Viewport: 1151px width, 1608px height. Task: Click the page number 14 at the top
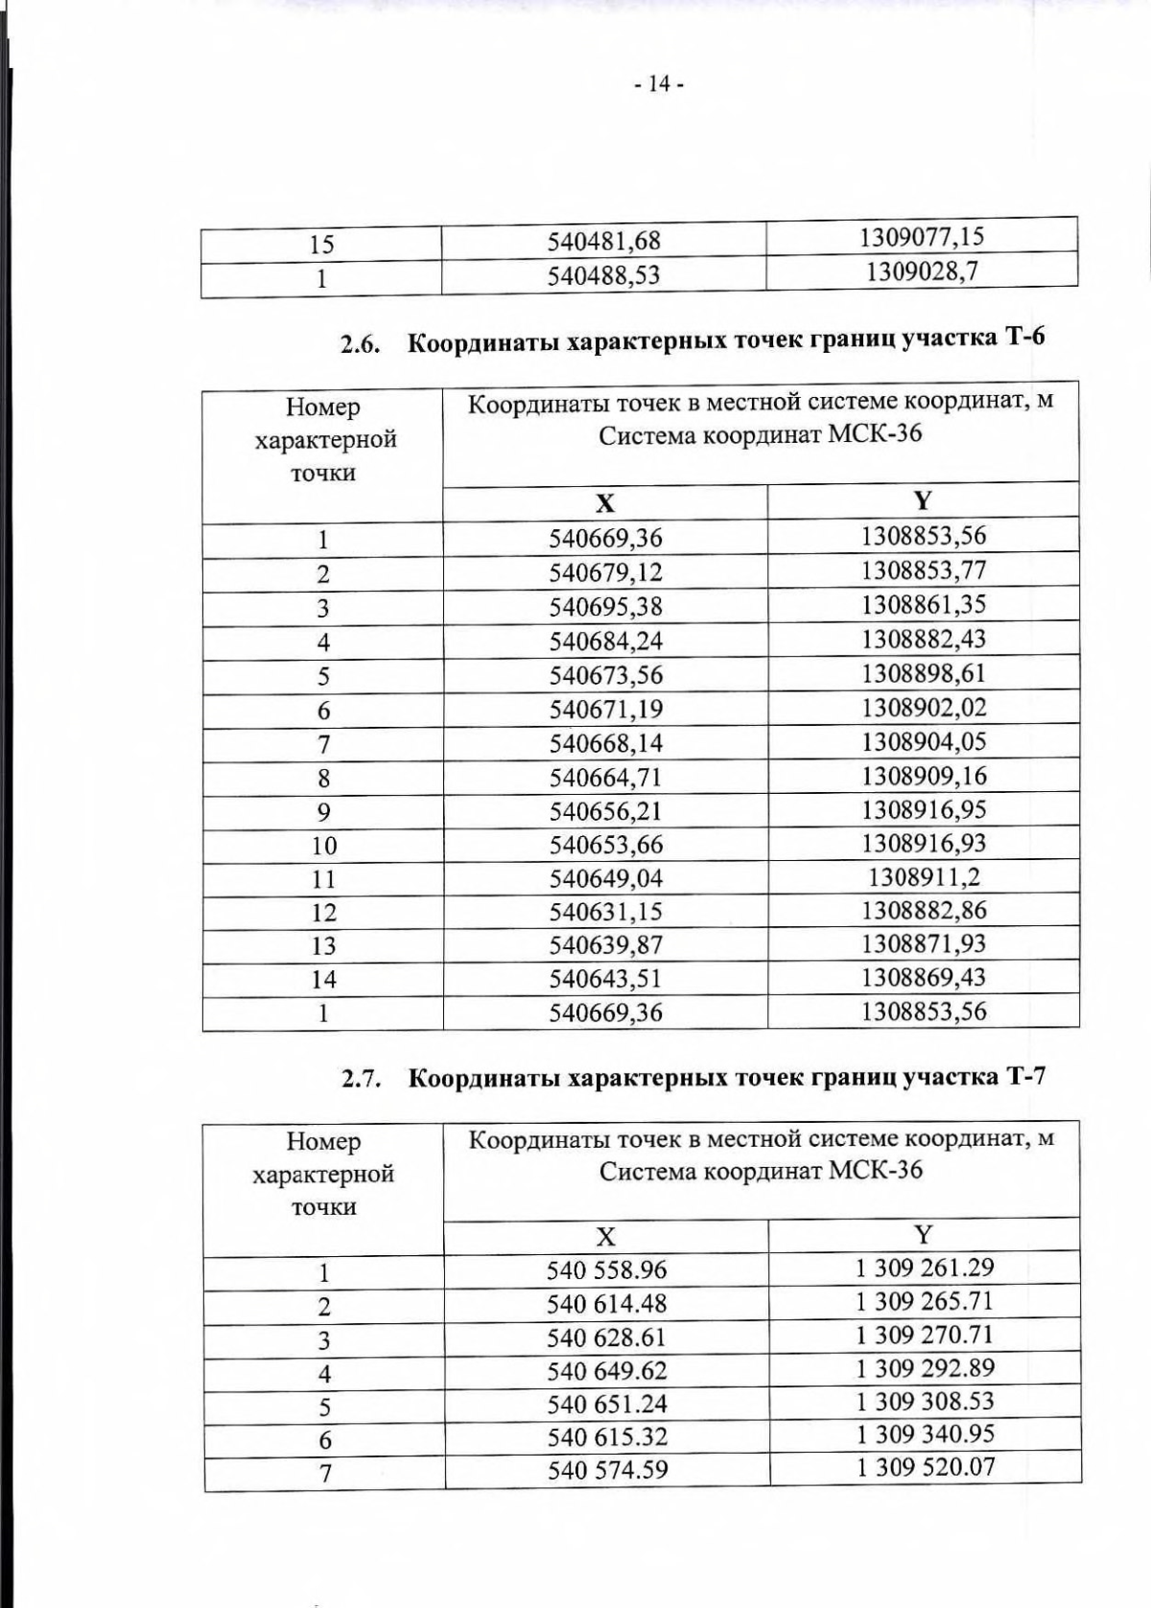click(658, 84)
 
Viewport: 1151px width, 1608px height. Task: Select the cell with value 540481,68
click(604, 241)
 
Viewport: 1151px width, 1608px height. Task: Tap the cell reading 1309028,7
click(922, 271)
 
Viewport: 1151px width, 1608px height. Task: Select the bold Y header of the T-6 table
click(923, 501)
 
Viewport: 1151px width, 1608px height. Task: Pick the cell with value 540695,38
click(605, 607)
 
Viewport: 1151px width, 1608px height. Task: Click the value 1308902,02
click(924, 708)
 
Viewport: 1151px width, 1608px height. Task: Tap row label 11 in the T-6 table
click(323, 879)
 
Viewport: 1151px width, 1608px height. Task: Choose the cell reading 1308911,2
click(924, 876)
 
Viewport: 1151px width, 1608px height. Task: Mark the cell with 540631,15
click(605, 912)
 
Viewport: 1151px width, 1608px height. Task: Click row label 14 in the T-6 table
click(323, 979)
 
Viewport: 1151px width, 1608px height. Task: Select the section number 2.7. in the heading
click(363, 1080)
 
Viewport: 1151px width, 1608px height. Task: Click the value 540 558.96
click(606, 1270)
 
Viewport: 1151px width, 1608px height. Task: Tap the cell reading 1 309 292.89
click(925, 1368)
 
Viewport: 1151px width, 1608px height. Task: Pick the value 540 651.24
click(606, 1404)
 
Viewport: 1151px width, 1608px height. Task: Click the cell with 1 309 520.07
click(925, 1467)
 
